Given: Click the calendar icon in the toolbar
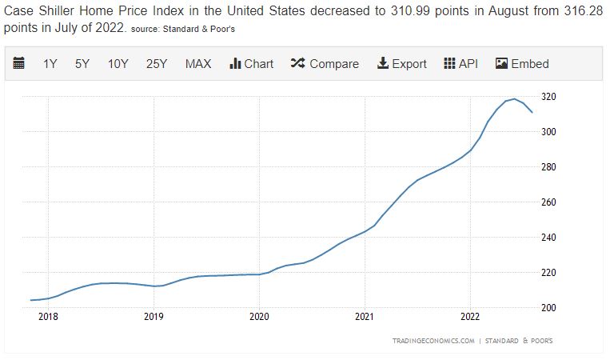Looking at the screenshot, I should click(20, 64).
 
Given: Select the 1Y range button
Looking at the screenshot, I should click(50, 64).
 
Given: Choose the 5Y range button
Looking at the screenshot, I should click(82, 64).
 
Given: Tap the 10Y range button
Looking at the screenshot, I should click(118, 64).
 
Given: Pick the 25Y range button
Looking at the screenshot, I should click(157, 64).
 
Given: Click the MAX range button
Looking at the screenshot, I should click(198, 64).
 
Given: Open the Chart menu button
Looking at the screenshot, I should click(251, 64).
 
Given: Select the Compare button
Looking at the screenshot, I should click(325, 64).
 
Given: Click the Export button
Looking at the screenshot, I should click(401, 64).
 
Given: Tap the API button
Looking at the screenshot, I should click(460, 64).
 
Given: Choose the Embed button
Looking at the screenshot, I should click(522, 64).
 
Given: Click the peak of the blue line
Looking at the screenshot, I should click(514, 99).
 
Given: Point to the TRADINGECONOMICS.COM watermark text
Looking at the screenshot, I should click(434, 341).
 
